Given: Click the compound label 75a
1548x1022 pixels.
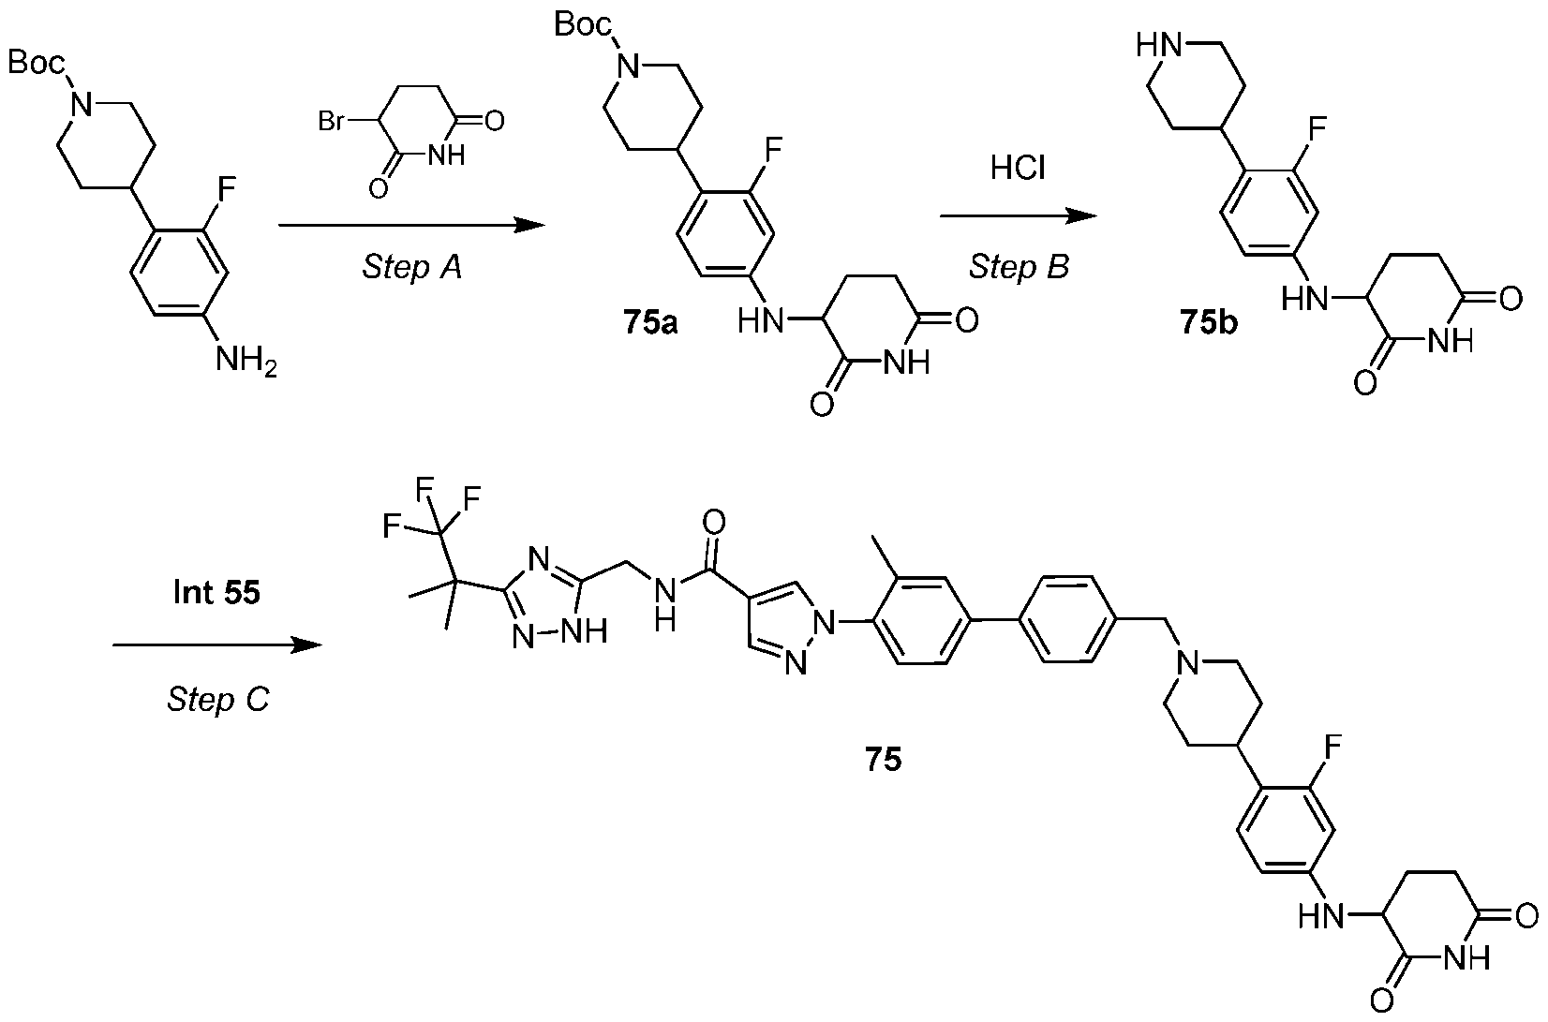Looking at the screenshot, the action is point(650,322).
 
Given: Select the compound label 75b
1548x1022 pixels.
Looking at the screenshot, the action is point(1209,322).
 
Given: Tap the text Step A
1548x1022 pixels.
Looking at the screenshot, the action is point(412,267).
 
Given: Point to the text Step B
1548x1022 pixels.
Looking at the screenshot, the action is point(1019,266).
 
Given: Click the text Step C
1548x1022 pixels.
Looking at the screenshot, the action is point(217,700).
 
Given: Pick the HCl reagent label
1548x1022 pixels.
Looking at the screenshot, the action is point(1018,168).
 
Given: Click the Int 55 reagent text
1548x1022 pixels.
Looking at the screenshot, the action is point(216,592).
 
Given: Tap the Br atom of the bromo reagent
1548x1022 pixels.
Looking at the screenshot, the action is point(331,122).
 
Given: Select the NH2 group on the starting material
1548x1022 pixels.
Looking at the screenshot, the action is point(246,362).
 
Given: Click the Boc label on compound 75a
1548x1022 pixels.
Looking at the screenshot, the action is point(583,25).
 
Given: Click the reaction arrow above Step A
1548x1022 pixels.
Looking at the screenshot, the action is point(412,225).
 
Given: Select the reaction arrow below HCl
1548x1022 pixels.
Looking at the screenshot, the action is point(1018,216).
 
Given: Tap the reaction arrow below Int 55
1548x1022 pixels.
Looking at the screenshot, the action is point(217,645).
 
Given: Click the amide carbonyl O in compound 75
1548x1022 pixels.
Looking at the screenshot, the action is point(714,522).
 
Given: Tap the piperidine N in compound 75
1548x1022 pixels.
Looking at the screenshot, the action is point(1188,663).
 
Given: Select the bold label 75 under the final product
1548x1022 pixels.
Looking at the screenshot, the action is point(883,760).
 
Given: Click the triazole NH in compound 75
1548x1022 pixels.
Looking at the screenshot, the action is point(584,630).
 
